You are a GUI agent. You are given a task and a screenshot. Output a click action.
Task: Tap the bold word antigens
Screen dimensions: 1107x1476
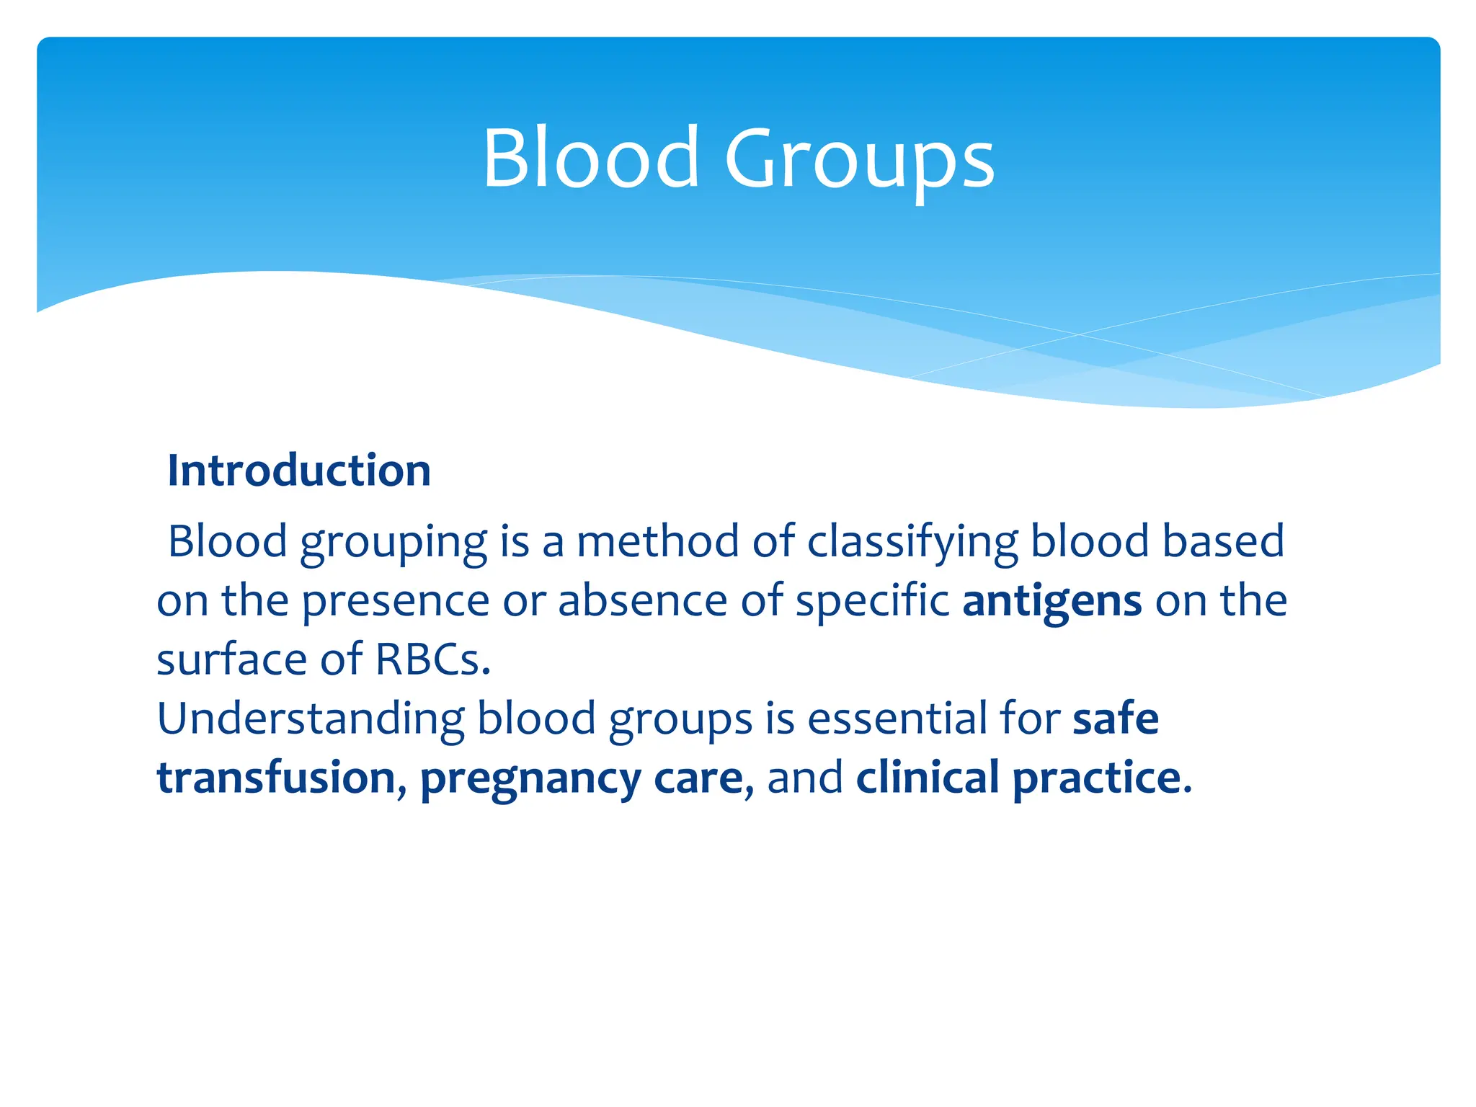[1052, 601]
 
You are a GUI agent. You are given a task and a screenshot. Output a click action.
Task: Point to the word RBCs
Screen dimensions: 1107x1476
[432, 659]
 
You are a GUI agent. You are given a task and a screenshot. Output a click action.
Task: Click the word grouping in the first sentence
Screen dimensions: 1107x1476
[394, 543]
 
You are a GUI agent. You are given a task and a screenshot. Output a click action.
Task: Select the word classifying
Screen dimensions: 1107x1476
[912, 543]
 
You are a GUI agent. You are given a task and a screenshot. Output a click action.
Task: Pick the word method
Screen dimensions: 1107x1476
[657, 541]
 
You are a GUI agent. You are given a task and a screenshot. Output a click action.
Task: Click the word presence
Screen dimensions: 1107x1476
[395, 603]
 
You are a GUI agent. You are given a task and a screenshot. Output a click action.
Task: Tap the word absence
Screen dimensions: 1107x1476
[642, 601]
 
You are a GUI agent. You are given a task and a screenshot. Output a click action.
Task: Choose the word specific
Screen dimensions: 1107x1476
[872, 601]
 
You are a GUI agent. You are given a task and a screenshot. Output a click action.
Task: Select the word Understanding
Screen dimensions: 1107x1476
[311, 719]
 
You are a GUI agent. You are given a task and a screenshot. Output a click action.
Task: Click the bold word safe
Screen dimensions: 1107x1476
[1116, 719]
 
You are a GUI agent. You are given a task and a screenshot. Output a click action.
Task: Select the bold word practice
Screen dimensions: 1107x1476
[1096, 779]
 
